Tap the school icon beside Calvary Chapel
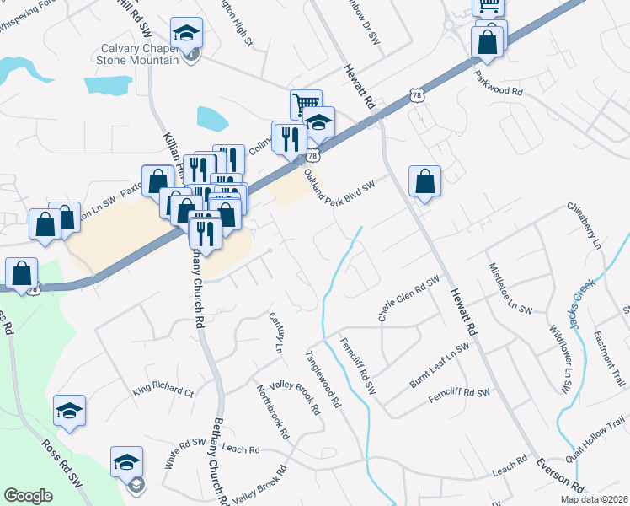tap(186, 34)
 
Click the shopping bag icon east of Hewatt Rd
tap(425, 181)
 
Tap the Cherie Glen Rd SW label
tap(409, 299)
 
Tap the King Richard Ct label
tap(163, 391)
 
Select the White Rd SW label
tap(185, 453)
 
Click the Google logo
tap(28, 495)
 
